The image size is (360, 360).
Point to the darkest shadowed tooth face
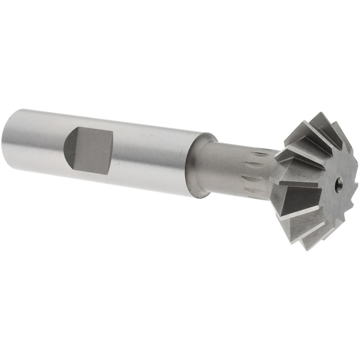(302, 198)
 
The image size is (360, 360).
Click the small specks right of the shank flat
(118, 164)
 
